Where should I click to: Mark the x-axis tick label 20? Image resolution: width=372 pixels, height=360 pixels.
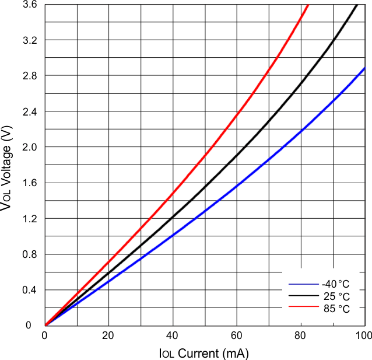point(108,335)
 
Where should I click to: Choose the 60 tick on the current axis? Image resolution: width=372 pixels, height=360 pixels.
point(236,335)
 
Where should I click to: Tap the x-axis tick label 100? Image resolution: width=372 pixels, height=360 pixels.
point(363,335)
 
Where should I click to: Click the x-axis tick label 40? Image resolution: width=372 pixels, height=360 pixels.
point(173,335)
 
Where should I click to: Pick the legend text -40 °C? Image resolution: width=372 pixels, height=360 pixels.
point(336,284)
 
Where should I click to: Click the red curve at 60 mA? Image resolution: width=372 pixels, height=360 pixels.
point(237,114)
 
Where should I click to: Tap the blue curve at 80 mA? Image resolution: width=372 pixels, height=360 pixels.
point(300,131)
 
